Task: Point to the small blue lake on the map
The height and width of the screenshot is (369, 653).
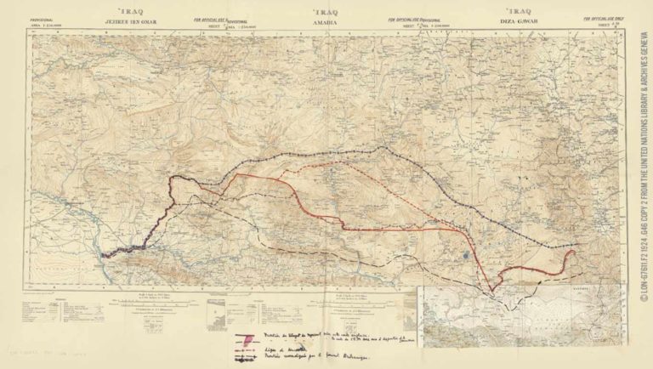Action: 467,253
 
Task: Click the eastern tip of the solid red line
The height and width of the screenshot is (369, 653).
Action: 575,253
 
